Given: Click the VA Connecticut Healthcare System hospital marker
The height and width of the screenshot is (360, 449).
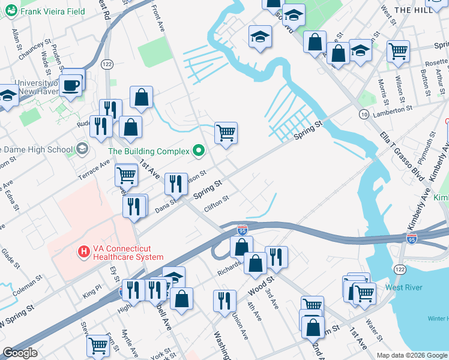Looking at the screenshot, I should (84, 251).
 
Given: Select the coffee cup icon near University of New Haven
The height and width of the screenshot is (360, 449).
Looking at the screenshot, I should (70, 86).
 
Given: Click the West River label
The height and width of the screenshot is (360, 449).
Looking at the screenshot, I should (404, 287).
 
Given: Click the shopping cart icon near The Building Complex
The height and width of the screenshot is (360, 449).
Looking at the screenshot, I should (226, 133).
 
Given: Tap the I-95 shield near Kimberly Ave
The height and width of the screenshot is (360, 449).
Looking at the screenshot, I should (411, 239).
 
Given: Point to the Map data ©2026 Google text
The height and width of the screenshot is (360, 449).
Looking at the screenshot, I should (411, 355).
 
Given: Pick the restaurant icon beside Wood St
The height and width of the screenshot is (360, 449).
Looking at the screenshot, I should (276, 257).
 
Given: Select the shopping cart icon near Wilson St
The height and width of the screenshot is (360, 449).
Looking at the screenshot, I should (398, 51).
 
